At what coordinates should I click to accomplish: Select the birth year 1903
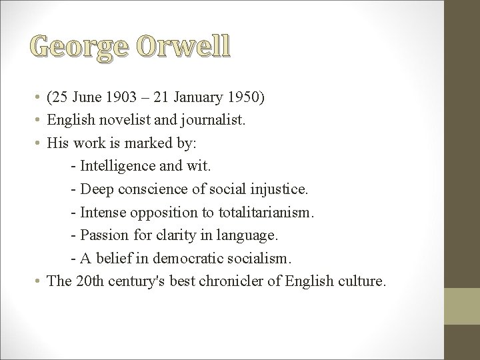(x=121, y=99)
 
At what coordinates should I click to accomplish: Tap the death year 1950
(x=243, y=99)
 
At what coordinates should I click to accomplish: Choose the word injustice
(x=276, y=189)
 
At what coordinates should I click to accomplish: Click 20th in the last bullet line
(x=89, y=281)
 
